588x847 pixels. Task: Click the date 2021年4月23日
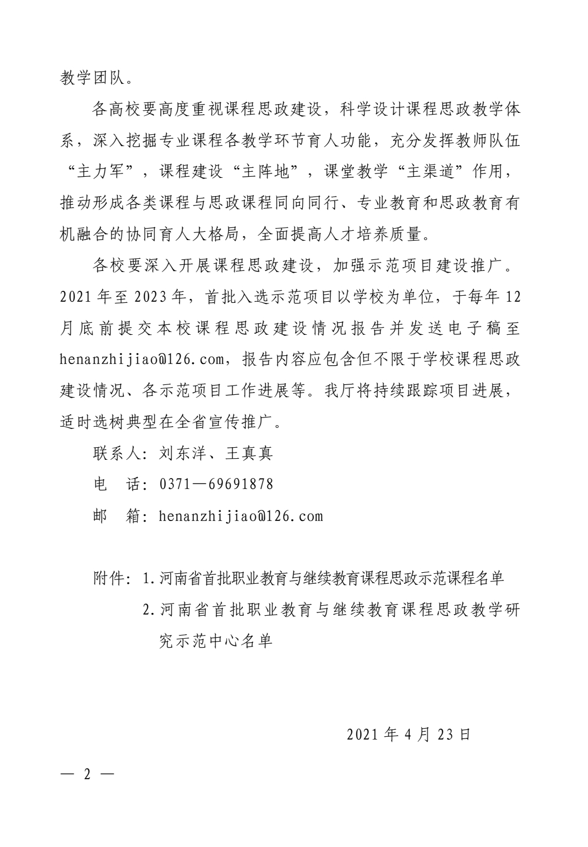(409, 735)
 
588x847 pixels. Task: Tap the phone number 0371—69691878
(216, 485)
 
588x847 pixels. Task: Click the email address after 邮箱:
(241, 517)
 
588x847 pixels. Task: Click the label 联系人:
(120, 453)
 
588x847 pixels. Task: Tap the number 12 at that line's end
(511, 297)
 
